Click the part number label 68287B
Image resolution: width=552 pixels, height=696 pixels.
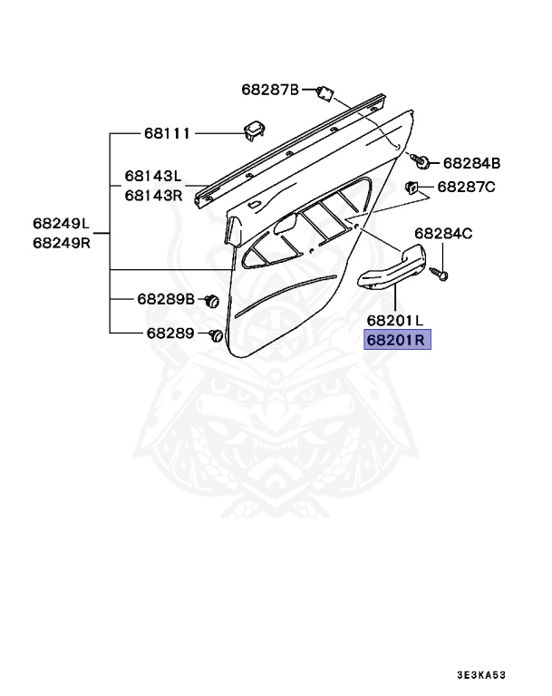tap(269, 89)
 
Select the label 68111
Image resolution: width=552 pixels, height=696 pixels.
tap(167, 133)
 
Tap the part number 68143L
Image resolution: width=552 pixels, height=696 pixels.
tap(153, 177)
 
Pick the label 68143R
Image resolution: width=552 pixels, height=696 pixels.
tap(153, 194)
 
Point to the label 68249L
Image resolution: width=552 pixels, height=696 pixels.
tap(62, 223)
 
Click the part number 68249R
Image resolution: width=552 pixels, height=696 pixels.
tap(62, 242)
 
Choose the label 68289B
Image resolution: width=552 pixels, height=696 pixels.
tap(166, 298)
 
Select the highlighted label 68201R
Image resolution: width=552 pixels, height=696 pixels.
tap(398, 340)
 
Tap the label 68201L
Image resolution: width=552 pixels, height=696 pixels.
tap(396, 320)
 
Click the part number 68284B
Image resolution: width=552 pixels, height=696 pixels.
tap(471, 163)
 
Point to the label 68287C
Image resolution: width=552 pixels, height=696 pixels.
tap(466, 187)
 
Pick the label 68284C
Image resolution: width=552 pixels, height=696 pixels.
tap(444, 233)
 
